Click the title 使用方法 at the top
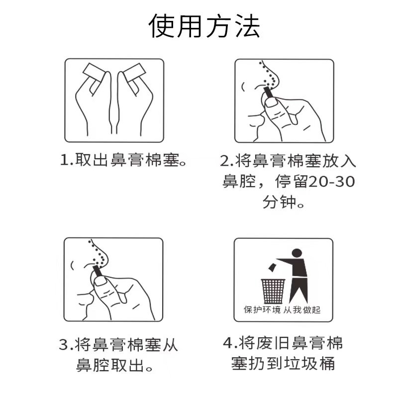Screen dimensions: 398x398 point(204,26)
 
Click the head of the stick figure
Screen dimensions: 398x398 point(297,253)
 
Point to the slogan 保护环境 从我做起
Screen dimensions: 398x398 point(282,309)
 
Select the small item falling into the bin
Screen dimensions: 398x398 point(272,267)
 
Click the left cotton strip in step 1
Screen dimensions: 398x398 point(94,76)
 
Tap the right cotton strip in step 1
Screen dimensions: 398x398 point(135,75)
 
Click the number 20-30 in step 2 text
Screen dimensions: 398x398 point(331,182)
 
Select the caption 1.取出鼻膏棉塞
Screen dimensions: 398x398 point(123,160)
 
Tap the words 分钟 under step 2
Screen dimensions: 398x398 point(279,202)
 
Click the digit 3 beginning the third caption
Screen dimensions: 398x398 point(64,345)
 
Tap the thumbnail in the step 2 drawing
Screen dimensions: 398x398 point(271,102)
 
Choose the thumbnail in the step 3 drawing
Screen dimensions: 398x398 point(100,281)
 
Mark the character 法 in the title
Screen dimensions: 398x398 point(247,26)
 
